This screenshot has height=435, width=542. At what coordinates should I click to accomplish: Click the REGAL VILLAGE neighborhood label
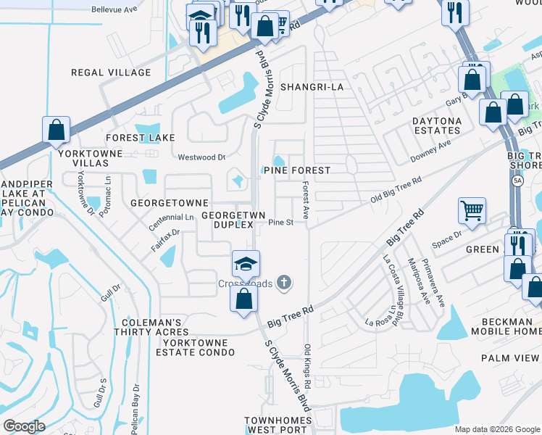111,72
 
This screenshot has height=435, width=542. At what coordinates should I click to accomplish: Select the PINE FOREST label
296,170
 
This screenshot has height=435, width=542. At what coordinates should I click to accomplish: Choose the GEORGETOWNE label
170,203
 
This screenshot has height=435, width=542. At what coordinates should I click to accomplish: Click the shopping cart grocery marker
472,211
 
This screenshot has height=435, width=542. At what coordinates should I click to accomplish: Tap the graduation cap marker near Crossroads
246,264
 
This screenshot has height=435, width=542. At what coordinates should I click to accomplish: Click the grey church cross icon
285,283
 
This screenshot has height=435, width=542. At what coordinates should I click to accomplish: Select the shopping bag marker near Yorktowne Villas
56,131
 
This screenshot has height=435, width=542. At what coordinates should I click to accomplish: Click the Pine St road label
280,223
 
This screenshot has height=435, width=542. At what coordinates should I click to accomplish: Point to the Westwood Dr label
202,157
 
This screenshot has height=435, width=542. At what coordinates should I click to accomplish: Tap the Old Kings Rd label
308,365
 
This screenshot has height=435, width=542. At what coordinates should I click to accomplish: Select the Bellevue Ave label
114,10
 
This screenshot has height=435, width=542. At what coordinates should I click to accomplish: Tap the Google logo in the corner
24,426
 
